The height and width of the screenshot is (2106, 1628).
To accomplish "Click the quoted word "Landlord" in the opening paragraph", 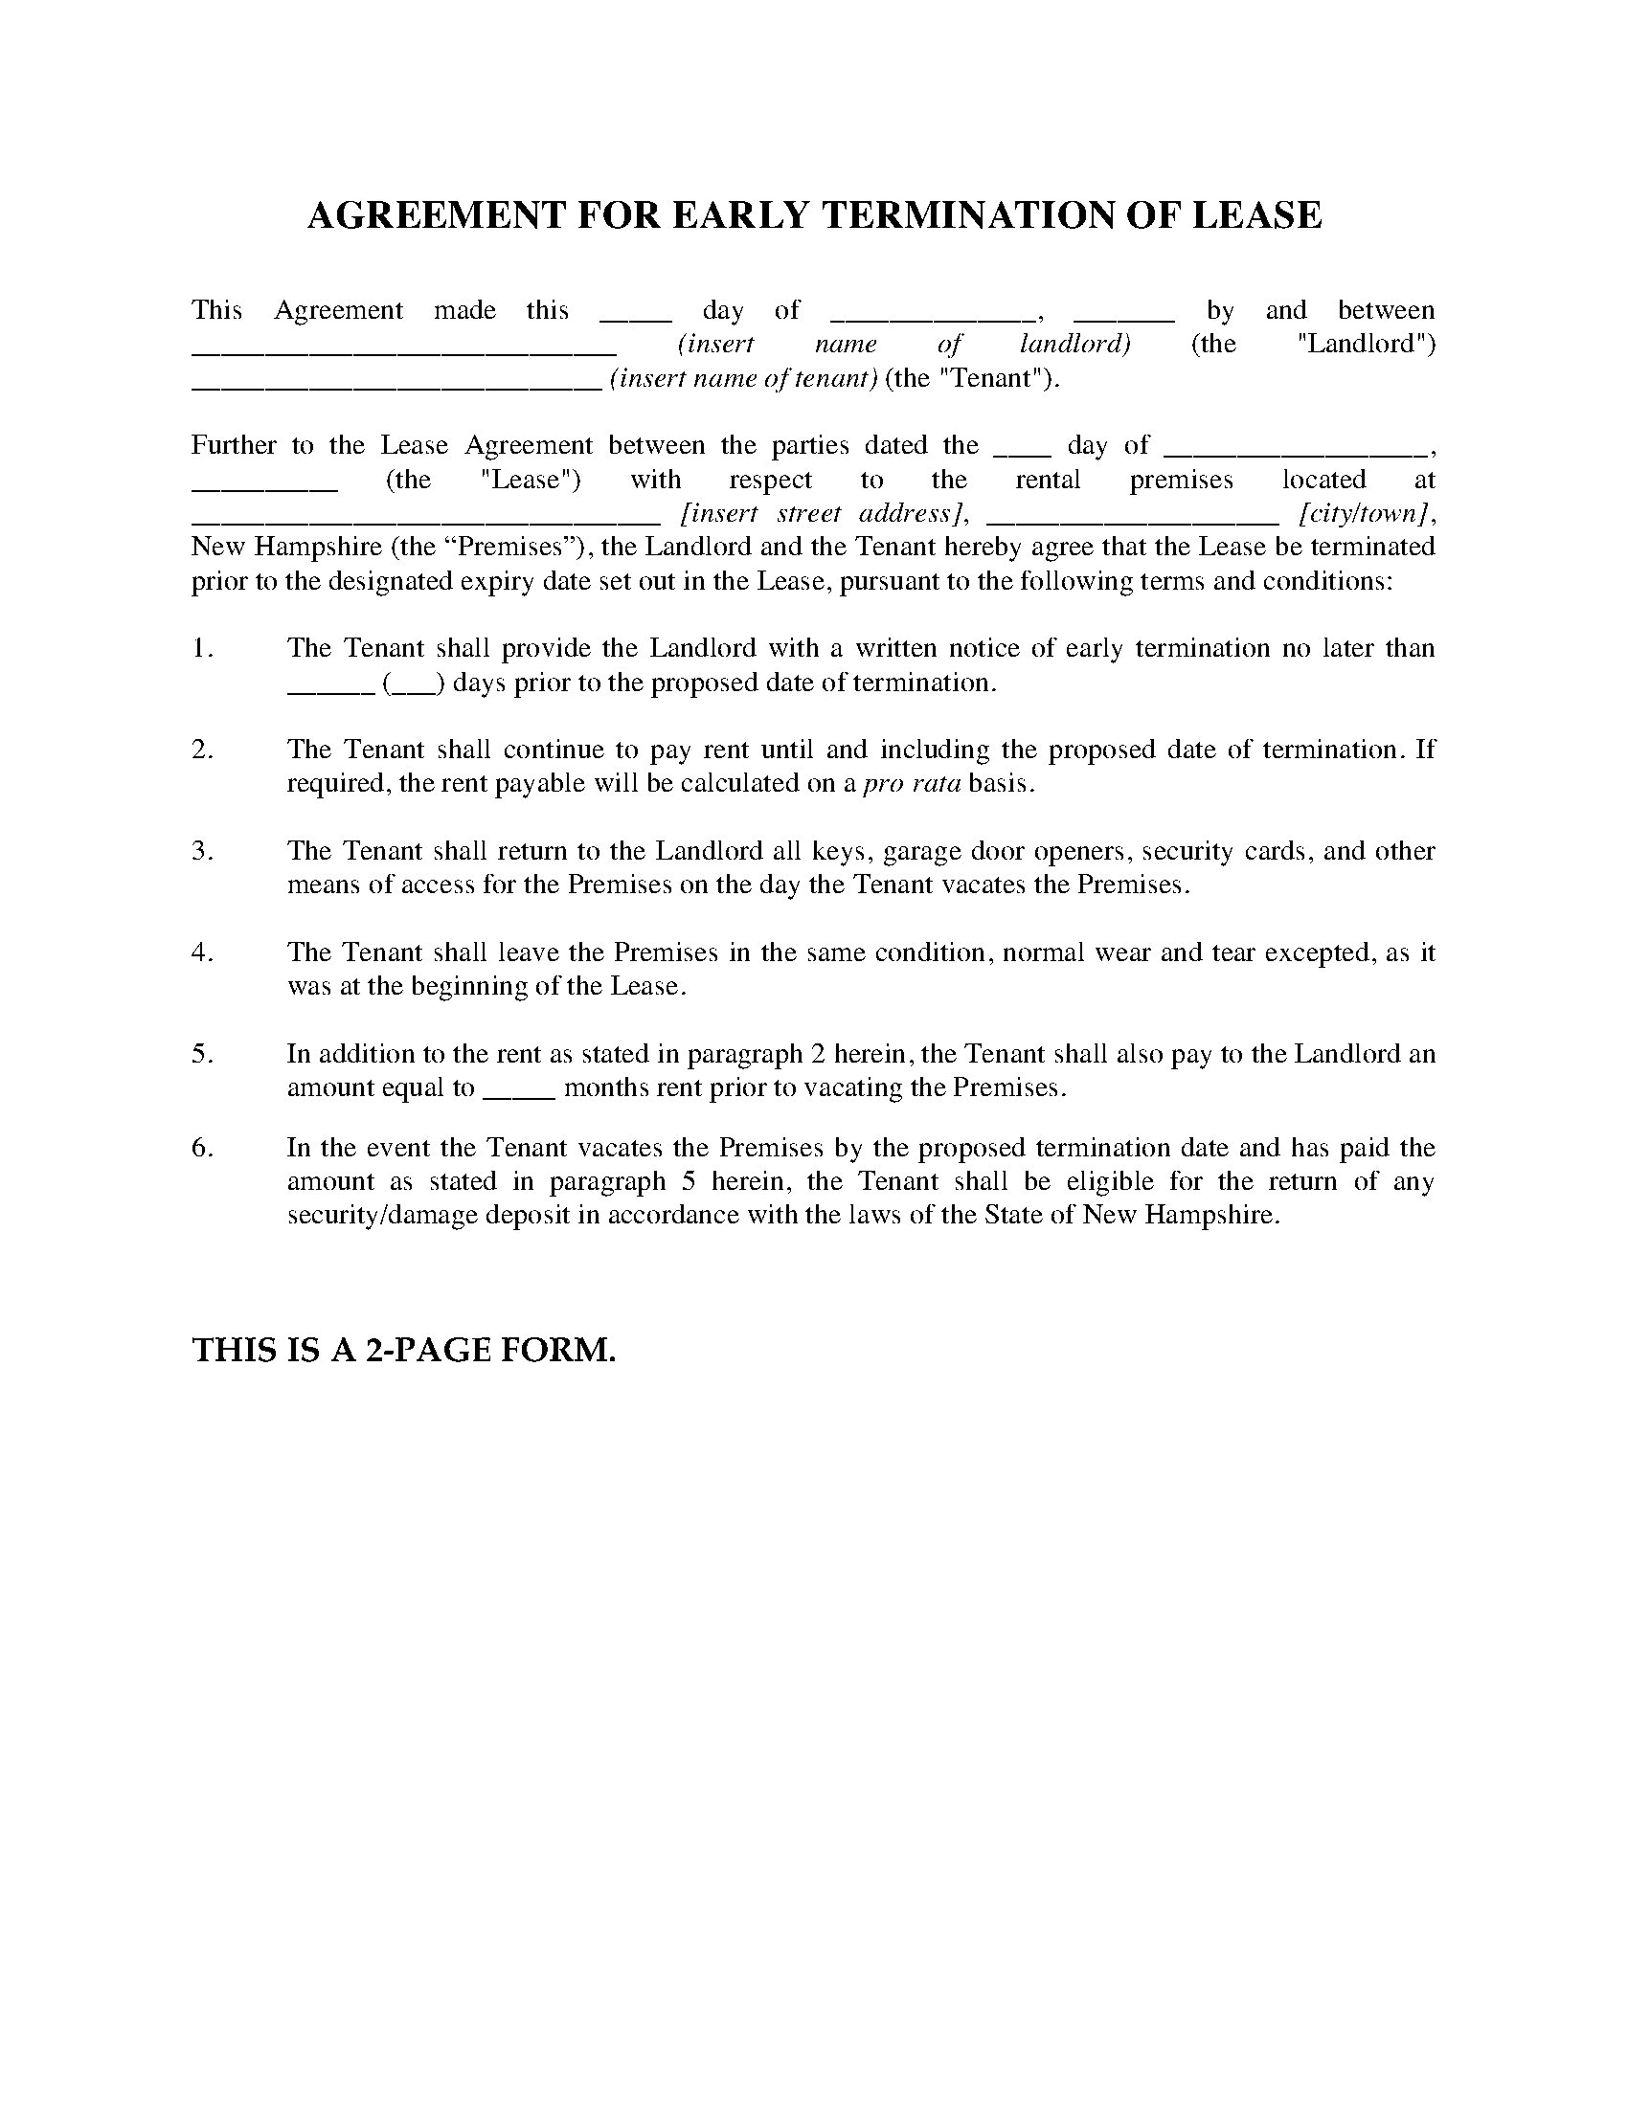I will click(1367, 345).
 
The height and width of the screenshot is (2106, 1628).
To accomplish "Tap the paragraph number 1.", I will click(201, 648).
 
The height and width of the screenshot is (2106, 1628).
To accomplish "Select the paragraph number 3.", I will click(201, 850).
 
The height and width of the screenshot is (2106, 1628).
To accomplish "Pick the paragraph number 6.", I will click(201, 1148).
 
